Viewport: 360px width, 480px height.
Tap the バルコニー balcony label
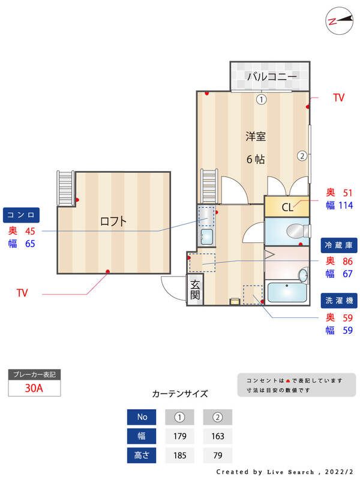click(272, 76)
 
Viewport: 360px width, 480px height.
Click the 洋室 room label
click(255, 136)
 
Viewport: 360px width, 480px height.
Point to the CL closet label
click(287, 208)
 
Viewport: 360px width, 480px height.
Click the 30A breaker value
click(34, 388)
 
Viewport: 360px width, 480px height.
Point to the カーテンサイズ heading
click(180, 394)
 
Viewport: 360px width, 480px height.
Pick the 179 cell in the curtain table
click(179, 436)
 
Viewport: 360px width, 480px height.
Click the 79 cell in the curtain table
click(217, 455)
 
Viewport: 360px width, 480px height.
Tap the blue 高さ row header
click(142, 455)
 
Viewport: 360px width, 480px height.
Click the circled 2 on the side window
click(302, 156)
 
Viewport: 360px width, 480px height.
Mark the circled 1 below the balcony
click(261, 100)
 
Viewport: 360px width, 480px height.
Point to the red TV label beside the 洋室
click(339, 98)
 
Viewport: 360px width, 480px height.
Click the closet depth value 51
click(347, 193)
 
